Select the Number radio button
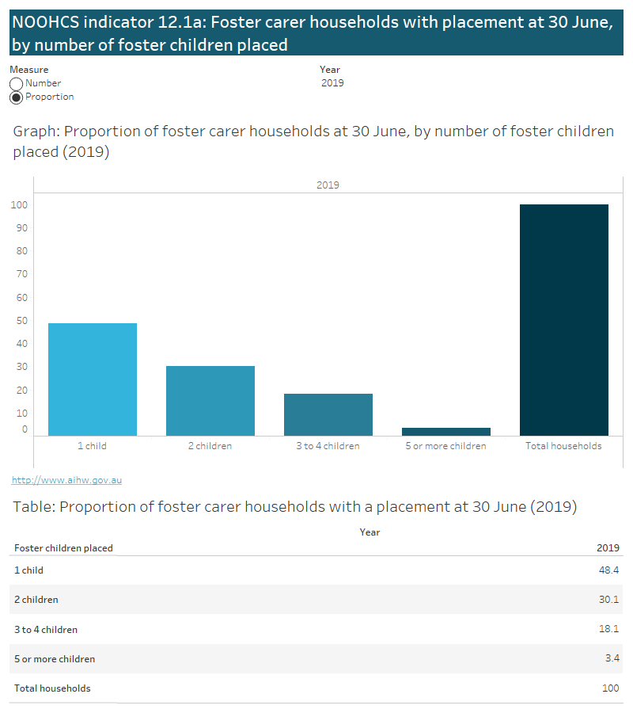click(x=16, y=84)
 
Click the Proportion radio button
click(x=16, y=97)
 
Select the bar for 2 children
click(x=210, y=400)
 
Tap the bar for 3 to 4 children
click(x=328, y=414)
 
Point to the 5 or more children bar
click(x=446, y=431)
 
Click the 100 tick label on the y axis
click(x=19, y=205)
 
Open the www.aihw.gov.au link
click(x=67, y=480)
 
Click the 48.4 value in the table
click(x=608, y=570)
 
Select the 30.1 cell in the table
click(x=608, y=600)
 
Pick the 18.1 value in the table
click(x=608, y=630)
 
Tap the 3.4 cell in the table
click(x=611, y=659)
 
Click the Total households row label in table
click(x=52, y=688)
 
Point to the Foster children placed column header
click(x=63, y=548)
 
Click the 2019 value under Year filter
click(x=332, y=83)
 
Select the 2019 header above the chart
click(x=328, y=185)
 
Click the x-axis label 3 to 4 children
click(x=328, y=446)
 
